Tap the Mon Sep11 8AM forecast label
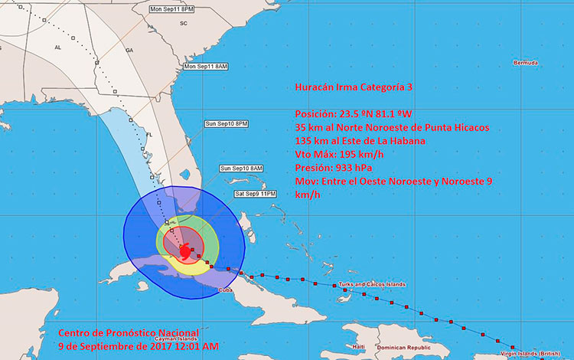pos(207,67)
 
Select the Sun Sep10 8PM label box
pos(226,123)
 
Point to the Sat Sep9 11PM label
pos(255,193)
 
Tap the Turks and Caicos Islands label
pos(373,285)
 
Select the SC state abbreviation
pos(183,24)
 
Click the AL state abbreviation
pos(57,47)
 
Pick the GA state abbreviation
pos(129,49)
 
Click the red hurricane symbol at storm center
pos(187,250)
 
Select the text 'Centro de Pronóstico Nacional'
pos(129,333)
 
